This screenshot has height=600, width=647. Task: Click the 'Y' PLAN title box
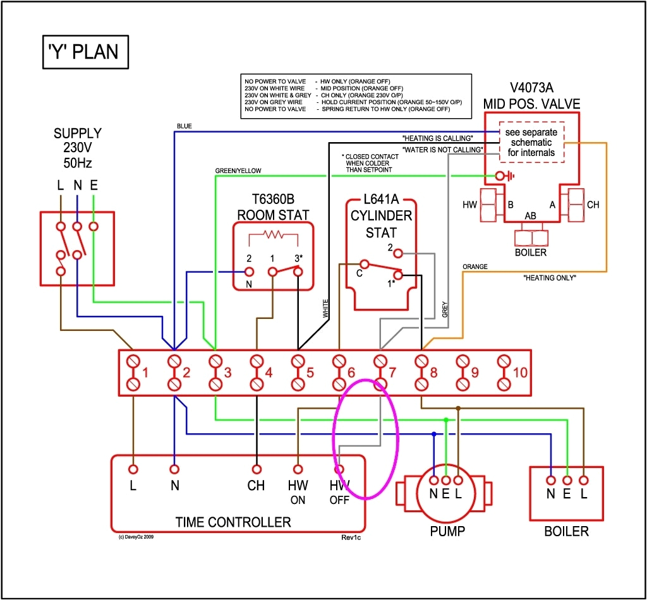click(x=85, y=51)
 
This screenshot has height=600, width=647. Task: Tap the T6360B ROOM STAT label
click(x=273, y=206)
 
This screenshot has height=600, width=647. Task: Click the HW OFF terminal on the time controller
click(x=339, y=469)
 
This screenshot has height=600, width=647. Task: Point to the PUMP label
click(x=447, y=531)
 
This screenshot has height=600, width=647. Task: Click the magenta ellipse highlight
click(x=366, y=438)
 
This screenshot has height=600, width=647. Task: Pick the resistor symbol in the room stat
click(x=274, y=235)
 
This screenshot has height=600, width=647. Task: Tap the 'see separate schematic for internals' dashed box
click(x=531, y=142)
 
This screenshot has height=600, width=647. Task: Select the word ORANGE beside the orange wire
click(x=475, y=267)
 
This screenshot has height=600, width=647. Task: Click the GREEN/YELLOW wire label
click(x=238, y=171)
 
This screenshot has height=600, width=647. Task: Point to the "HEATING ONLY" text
click(x=550, y=277)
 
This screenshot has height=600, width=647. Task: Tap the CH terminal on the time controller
click(x=257, y=469)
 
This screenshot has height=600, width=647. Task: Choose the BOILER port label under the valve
click(x=531, y=253)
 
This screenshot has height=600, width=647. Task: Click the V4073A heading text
click(x=531, y=88)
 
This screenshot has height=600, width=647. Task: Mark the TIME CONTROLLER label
click(x=233, y=522)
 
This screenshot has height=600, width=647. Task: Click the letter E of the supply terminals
click(x=94, y=185)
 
